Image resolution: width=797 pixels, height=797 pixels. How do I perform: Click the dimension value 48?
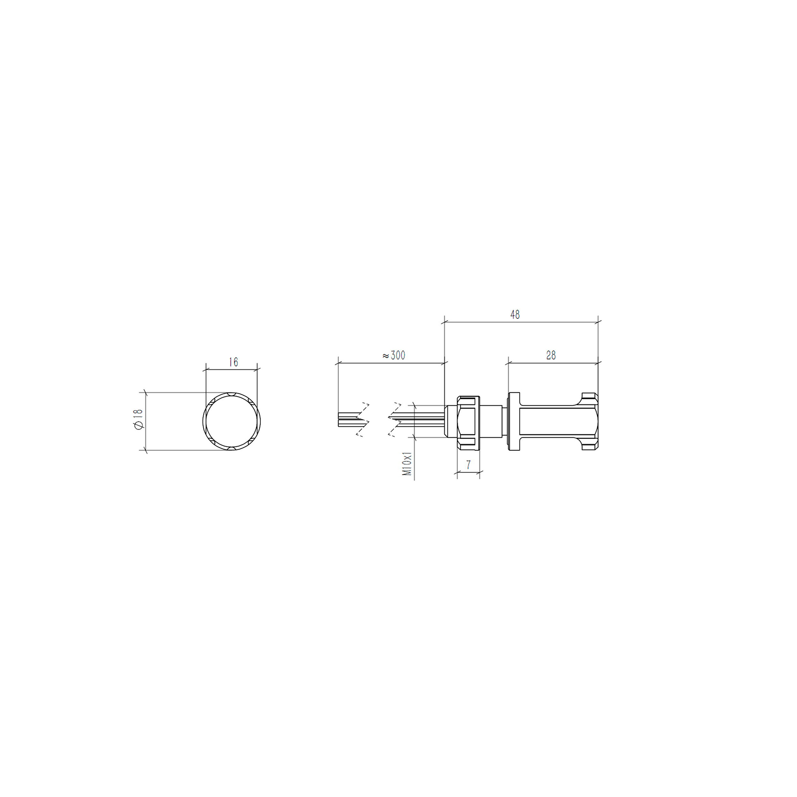[x=515, y=314]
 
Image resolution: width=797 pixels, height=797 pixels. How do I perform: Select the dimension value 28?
[x=551, y=355]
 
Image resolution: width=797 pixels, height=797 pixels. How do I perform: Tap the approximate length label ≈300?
[x=394, y=355]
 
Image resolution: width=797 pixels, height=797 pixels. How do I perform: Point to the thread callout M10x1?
[x=408, y=464]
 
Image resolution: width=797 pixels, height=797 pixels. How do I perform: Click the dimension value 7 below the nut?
[x=468, y=465]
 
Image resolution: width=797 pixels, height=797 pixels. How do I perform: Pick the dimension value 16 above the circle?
[x=233, y=362]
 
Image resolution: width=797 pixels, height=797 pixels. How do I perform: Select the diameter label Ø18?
[x=138, y=420]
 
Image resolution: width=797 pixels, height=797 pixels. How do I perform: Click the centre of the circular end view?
[x=232, y=421]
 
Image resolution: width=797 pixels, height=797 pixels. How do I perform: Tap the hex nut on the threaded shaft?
[x=469, y=423]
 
